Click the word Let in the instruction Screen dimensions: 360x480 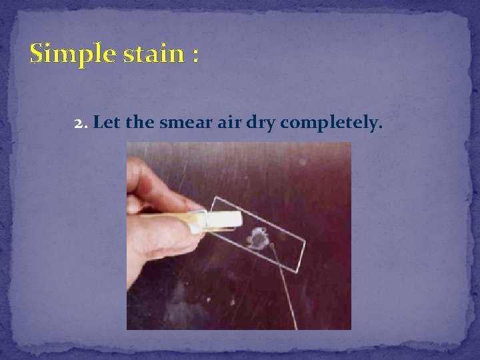pos(103,123)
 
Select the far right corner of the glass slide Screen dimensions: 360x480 pos(305,241)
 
